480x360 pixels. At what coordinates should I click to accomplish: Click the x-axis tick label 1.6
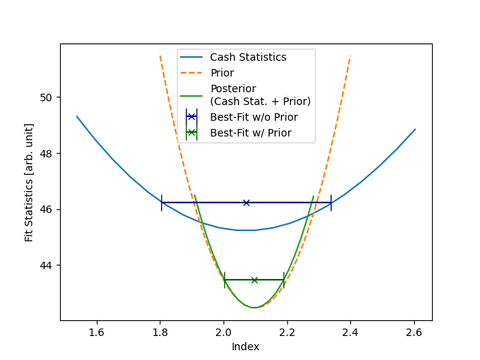tap(96, 331)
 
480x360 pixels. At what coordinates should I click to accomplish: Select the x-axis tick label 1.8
tap(160, 331)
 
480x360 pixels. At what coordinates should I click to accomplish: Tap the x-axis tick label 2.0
tap(223, 331)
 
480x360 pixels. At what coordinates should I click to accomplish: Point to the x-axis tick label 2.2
tap(287, 331)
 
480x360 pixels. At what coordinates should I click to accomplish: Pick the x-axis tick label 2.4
tap(351, 331)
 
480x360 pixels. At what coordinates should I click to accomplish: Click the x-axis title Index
tap(245, 346)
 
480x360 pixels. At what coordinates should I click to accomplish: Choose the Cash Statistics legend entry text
tap(247, 57)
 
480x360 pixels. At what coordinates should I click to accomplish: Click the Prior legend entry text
tap(222, 73)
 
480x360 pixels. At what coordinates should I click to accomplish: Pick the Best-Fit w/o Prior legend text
tap(253, 117)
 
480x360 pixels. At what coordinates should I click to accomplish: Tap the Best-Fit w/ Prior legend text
tap(250, 133)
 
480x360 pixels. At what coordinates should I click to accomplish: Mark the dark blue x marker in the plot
tap(246, 202)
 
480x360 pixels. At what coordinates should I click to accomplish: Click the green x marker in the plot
tap(254, 280)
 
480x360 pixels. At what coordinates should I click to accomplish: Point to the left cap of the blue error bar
tap(161, 202)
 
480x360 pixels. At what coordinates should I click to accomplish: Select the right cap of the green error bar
tap(284, 280)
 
